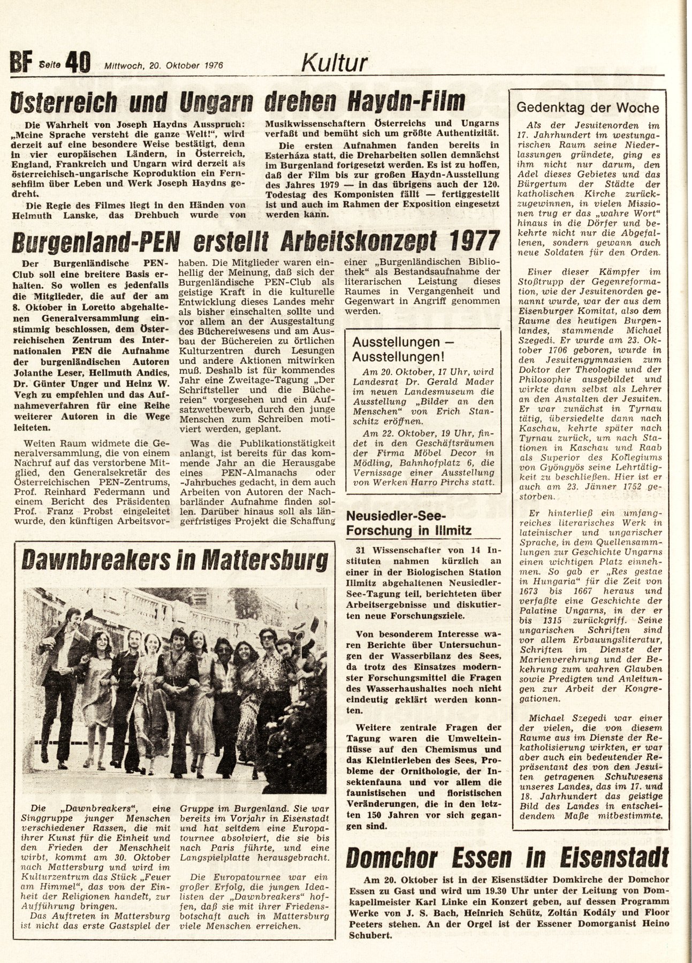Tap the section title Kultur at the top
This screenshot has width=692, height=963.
tap(334, 63)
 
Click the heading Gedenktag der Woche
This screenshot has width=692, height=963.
tap(587, 107)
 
